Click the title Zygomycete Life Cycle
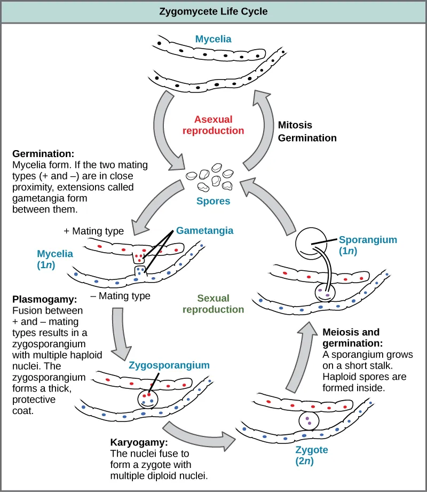tap(213, 11)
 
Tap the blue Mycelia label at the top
tap(213, 39)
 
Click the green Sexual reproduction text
tap(213, 303)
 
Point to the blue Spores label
tap(213, 201)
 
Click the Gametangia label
tap(204, 230)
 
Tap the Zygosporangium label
tap(169, 365)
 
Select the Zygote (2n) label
tap(311, 455)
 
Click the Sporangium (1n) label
tap(368, 245)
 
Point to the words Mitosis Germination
tap(307, 131)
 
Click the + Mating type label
tap(93, 231)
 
